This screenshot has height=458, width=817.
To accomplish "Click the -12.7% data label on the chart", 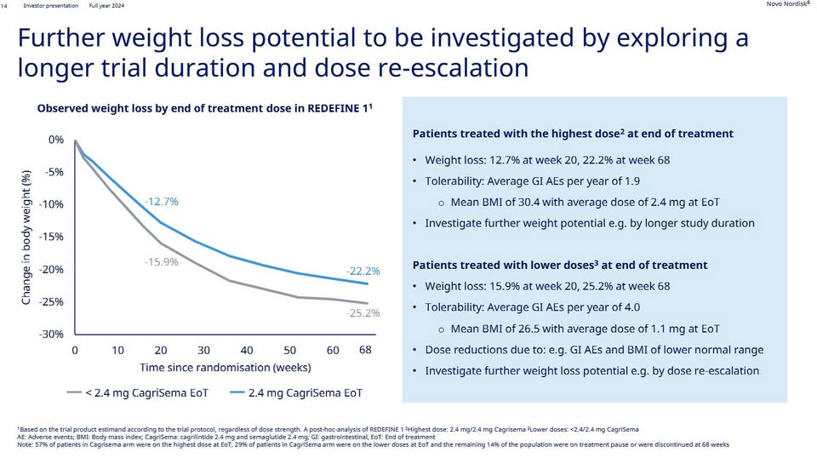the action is coord(162,202).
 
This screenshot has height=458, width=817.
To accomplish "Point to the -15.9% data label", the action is coord(162,262).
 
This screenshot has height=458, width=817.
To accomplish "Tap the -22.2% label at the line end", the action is coord(363,271).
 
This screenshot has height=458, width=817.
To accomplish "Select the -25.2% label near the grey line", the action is coord(363,313).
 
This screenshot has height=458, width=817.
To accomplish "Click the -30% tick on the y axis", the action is coord(51,334).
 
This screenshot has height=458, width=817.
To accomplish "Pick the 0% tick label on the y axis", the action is coord(56,140).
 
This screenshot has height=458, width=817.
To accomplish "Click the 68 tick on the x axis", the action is coord(365,350).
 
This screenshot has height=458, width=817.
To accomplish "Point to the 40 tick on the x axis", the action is coord(247,350).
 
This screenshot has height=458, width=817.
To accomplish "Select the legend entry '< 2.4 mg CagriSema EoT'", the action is coord(138,392).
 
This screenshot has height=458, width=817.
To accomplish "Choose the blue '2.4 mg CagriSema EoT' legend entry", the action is coord(296,392).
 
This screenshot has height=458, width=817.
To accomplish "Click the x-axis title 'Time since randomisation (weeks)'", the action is coord(225,368).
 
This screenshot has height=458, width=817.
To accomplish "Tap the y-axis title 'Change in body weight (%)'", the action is coord(26,237).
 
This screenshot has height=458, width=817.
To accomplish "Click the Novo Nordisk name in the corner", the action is coord(787,4).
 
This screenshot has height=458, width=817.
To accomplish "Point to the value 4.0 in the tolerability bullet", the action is coord(632,307).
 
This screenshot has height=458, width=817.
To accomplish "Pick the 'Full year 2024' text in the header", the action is coord(107,6).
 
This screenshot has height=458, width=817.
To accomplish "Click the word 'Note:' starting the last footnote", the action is coord(25,444).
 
